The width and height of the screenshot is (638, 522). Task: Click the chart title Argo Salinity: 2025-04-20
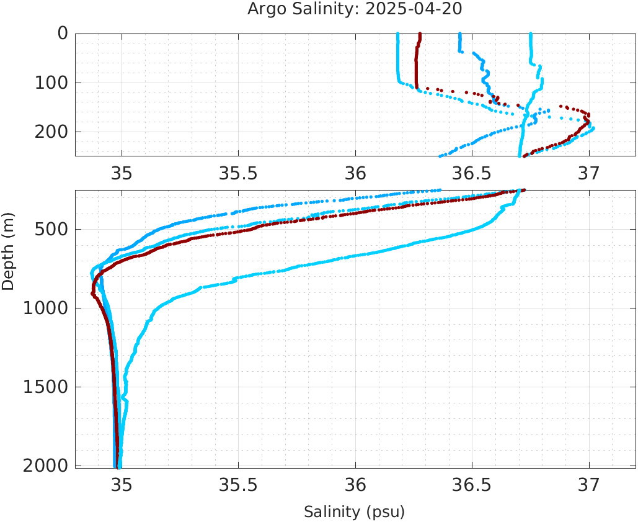355,9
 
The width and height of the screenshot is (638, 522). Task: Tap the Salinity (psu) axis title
354,512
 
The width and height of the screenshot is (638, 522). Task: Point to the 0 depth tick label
62,34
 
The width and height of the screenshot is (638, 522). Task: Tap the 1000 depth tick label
45,308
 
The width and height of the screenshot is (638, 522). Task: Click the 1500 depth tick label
45,387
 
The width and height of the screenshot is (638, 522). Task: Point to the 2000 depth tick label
45,466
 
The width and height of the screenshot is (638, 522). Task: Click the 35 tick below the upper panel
122,172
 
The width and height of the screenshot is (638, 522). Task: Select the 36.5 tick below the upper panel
472,172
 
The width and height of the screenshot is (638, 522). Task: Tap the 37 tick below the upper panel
588,172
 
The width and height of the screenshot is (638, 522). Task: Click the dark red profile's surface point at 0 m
420,34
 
